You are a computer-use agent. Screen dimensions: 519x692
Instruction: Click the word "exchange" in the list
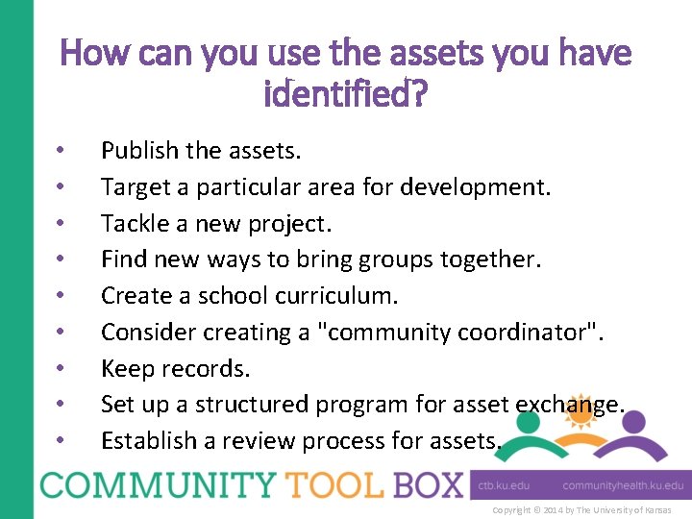click(567, 405)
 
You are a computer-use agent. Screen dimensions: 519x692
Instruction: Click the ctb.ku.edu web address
click(505, 486)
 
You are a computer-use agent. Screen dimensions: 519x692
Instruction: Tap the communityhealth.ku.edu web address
click(624, 486)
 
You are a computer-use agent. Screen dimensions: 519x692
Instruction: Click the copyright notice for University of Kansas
click(581, 509)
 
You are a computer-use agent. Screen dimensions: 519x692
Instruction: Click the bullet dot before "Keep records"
click(60, 368)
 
